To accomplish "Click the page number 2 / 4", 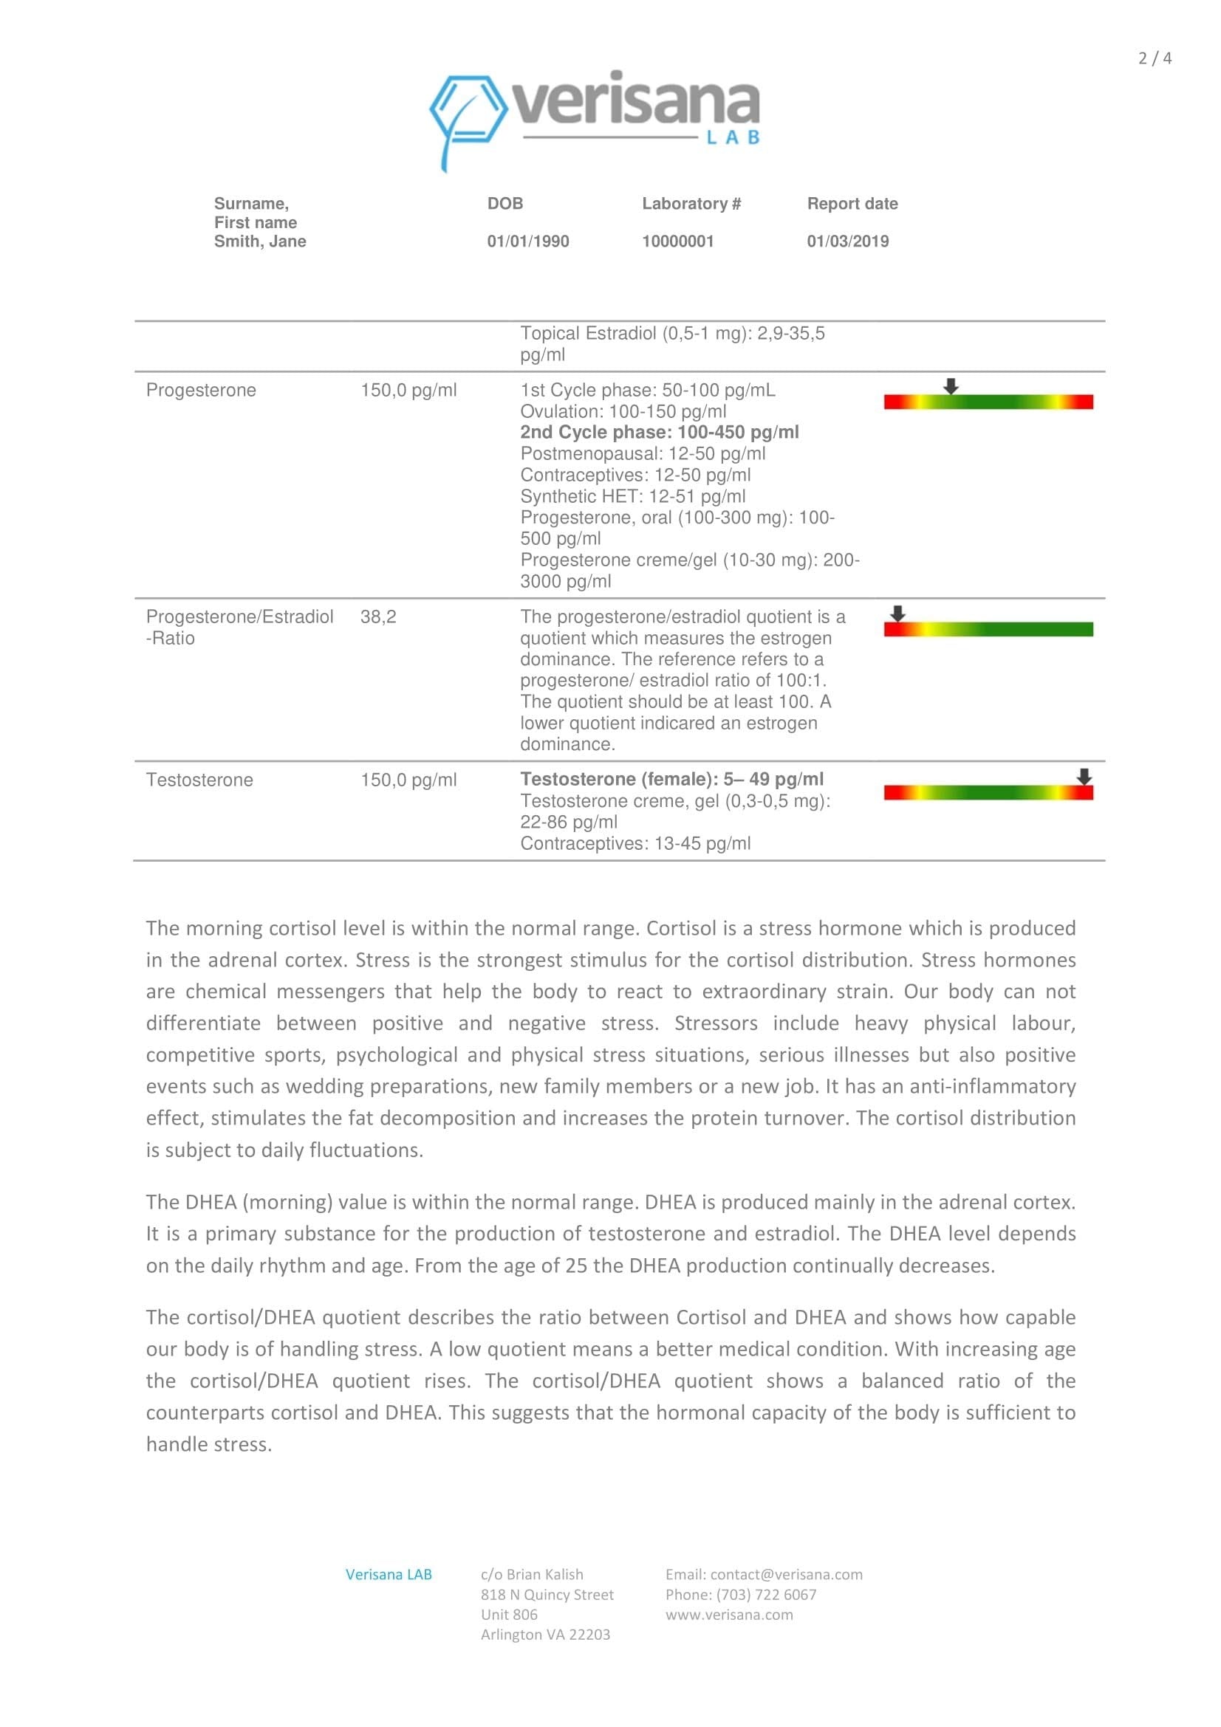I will (1154, 58).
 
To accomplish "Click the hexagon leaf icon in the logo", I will (467, 113).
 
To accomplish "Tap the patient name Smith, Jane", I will (259, 241).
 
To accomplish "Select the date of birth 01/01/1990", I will (527, 241).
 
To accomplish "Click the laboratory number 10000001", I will (677, 241).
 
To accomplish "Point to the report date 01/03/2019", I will (847, 241).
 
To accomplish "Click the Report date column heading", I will (852, 204).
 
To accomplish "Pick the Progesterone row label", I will (201, 391).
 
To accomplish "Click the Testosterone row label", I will (199, 780).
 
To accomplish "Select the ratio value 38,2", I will (377, 617).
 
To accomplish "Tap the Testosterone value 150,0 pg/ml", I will (408, 780).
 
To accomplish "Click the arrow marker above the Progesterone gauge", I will (951, 386).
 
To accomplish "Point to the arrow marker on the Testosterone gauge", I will (1084, 776).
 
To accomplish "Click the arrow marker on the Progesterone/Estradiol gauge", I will (897, 613).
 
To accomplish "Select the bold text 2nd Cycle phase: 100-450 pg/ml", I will (659, 433).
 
